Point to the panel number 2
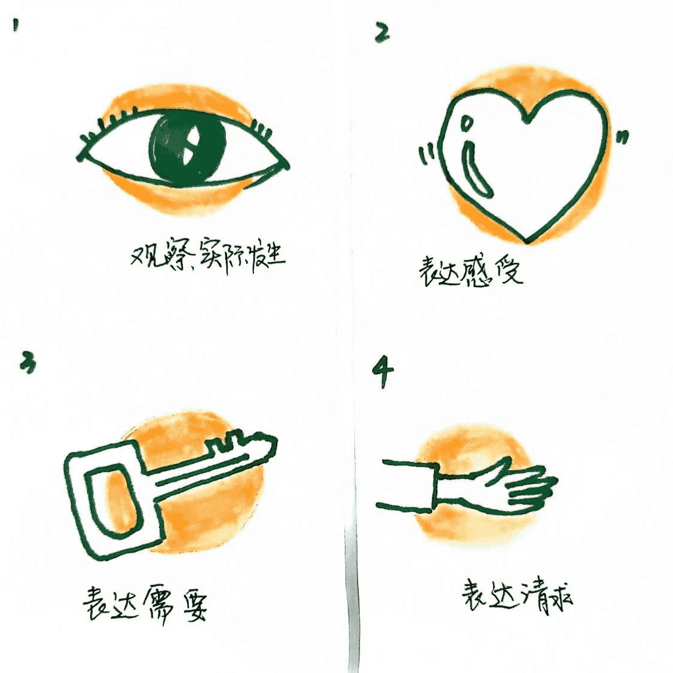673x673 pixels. pos(381,32)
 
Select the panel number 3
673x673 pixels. pos(27,362)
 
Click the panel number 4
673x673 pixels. pos(383,371)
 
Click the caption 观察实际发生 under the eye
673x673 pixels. pos(207,256)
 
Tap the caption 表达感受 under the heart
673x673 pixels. pos(470,271)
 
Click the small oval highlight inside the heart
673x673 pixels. pos(465,124)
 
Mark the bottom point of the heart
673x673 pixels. pos(527,241)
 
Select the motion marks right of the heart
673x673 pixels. pos(622,138)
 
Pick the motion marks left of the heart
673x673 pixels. pos(427,154)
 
